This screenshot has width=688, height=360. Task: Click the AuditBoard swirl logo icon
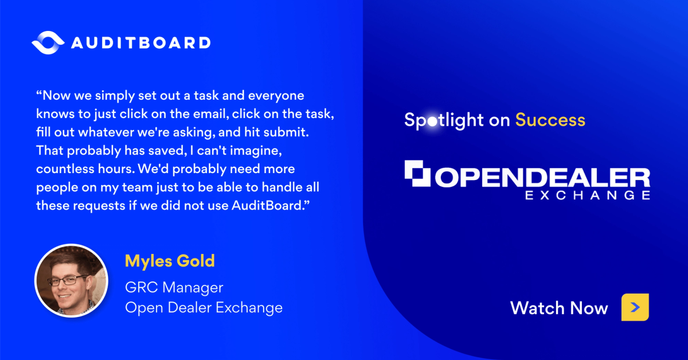coord(48,42)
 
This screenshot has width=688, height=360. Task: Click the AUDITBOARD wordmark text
coord(140,43)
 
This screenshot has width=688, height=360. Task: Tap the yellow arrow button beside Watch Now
coord(635,307)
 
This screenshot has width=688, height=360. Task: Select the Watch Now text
coord(559,308)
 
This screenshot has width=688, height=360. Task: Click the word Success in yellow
coord(550,120)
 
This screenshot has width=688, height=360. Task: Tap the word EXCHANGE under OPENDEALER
coord(588,195)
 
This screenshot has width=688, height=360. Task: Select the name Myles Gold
coord(170,261)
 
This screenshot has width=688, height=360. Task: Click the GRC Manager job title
coord(174,287)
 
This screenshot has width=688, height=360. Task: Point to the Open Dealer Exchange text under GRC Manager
coord(204,307)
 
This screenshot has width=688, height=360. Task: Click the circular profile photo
coord(71,281)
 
